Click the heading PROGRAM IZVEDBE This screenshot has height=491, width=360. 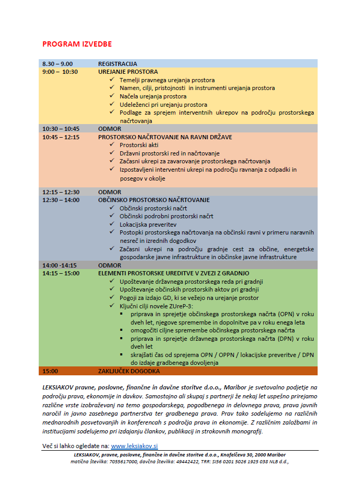click(x=77, y=44)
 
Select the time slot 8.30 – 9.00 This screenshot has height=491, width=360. click(x=58, y=64)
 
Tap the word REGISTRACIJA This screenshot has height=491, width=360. click(x=118, y=64)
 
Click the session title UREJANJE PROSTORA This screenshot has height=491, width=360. click(x=128, y=72)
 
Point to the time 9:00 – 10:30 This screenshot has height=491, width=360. click(x=60, y=72)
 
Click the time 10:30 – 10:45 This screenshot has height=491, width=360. click(x=61, y=129)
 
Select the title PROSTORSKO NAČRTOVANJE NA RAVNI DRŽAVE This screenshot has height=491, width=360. click(x=165, y=137)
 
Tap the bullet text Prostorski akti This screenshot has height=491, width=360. click(x=139, y=145)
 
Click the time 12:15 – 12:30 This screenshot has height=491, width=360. click(x=61, y=192)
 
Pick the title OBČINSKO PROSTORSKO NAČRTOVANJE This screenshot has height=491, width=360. click(x=154, y=200)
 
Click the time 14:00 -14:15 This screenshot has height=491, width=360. click(x=60, y=265)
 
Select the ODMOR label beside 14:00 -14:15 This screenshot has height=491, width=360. click(x=110, y=265)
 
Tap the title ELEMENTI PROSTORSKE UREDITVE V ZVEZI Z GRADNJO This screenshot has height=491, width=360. click(x=174, y=273)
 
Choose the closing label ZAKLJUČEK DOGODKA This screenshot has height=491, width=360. click(x=129, y=371)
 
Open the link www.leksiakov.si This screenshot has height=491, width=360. click(x=134, y=446)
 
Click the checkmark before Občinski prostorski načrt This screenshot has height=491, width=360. click(x=112, y=208)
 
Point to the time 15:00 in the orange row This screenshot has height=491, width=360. click(x=50, y=371)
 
